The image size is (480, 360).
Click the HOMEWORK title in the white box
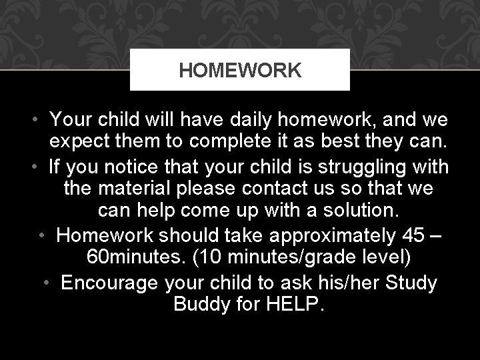pyautogui.click(x=240, y=69)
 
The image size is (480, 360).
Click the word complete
pyautogui.click(x=220, y=142)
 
